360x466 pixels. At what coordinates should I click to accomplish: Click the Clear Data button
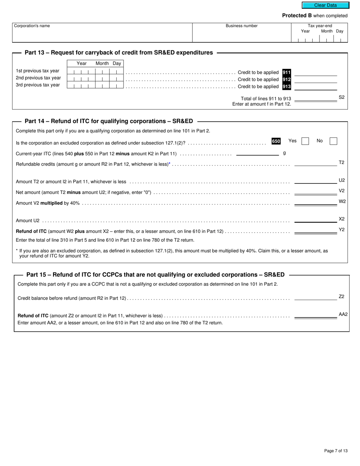pyautogui.click(x=325, y=5)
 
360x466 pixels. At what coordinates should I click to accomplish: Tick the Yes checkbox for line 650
pyautogui.click(x=305, y=141)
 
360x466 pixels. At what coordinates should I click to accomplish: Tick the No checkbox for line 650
pyautogui.click(x=333, y=141)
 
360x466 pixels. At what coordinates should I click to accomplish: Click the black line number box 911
pyautogui.click(x=286, y=72)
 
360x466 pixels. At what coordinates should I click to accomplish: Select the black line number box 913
pyautogui.click(x=286, y=86)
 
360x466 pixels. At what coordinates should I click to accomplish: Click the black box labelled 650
pyautogui.click(x=276, y=141)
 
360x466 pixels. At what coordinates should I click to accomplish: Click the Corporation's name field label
pyautogui.click(x=32, y=26)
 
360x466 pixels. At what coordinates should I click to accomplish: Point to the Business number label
pyautogui.click(x=241, y=26)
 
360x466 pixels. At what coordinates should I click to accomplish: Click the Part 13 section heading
pyautogui.click(x=119, y=53)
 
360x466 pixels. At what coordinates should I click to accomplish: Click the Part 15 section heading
pyautogui.click(x=155, y=275)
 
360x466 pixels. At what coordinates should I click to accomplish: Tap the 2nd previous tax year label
pyautogui.click(x=38, y=78)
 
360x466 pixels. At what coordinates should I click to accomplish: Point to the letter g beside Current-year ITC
pyautogui.click(x=284, y=153)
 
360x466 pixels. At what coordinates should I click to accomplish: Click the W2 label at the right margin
pyautogui.click(x=342, y=202)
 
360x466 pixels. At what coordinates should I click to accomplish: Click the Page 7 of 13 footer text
pyautogui.click(x=336, y=451)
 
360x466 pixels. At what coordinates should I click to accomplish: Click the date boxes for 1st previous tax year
pyautogui.click(x=95, y=72)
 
